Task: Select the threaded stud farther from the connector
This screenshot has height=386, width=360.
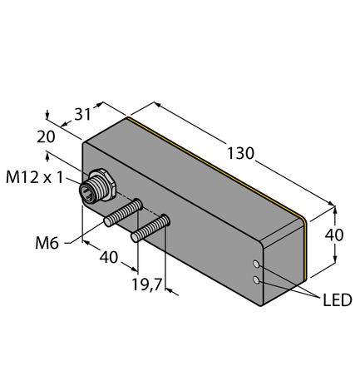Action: (x=151, y=226)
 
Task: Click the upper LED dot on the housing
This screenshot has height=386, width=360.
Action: (x=259, y=265)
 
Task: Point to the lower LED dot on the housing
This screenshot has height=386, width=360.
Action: (x=258, y=281)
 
